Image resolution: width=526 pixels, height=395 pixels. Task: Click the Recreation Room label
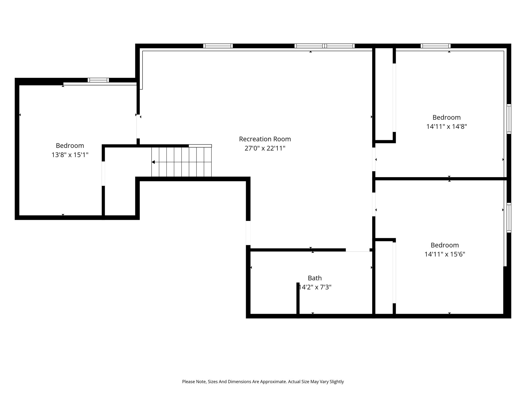pyautogui.click(x=265, y=139)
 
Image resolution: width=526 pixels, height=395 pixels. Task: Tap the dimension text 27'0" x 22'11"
pyautogui.click(x=265, y=148)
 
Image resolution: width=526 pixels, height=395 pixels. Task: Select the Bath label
pyautogui.click(x=315, y=278)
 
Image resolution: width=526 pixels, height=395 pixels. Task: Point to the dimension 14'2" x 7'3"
pyautogui.click(x=315, y=287)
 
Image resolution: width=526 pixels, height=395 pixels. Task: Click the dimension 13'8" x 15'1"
pyautogui.click(x=70, y=155)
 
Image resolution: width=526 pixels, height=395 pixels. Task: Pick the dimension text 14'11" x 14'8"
pyautogui.click(x=447, y=127)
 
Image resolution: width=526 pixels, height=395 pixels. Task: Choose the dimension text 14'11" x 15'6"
pyautogui.click(x=445, y=254)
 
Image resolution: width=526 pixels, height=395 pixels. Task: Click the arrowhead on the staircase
pyautogui.click(x=153, y=162)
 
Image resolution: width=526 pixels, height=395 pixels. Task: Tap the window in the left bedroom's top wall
pyautogui.click(x=98, y=80)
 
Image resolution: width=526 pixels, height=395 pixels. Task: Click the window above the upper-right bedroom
pyautogui.click(x=436, y=46)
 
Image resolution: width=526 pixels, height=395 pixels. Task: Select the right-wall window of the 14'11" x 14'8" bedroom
pyautogui.click(x=509, y=119)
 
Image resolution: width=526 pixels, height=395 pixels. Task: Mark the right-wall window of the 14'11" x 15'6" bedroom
pyautogui.click(x=509, y=218)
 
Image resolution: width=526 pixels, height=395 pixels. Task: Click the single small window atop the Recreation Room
pyautogui.click(x=218, y=46)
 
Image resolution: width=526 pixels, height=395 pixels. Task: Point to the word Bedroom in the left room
pyautogui.click(x=70, y=146)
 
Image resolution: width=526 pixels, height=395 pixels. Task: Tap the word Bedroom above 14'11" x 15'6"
pyautogui.click(x=445, y=245)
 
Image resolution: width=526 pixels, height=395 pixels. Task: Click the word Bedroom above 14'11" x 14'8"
pyautogui.click(x=447, y=118)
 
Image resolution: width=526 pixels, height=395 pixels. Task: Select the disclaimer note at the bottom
pyautogui.click(x=263, y=382)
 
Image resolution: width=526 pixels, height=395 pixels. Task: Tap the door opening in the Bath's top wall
pyautogui.click(x=358, y=250)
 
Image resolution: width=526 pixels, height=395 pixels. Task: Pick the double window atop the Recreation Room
pyautogui.click(x=325, y=46)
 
